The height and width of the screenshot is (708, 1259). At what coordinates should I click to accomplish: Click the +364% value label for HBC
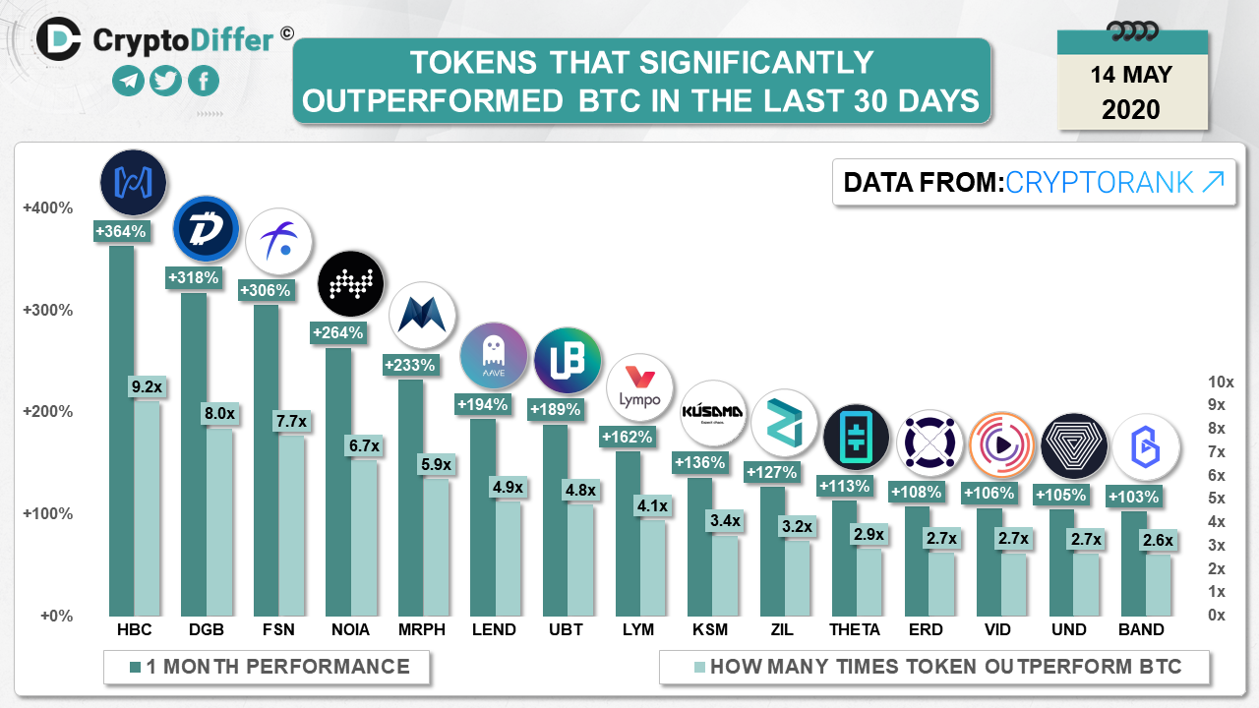click(121, 232)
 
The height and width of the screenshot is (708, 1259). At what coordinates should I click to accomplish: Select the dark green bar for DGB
click(194, 452)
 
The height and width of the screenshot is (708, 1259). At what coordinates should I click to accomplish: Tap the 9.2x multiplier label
click(147, 387)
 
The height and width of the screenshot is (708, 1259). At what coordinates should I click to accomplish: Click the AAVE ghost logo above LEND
click(494, 355)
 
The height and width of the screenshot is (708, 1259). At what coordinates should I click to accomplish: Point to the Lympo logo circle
click(639, 388)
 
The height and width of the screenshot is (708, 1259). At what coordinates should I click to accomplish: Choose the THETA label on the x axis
click(855, 630)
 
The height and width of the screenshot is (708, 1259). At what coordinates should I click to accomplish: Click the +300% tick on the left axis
click(48, 311)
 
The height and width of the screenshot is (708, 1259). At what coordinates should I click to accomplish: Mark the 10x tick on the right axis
click(1221, 382)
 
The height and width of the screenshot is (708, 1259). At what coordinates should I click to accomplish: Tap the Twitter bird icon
click(166, 81)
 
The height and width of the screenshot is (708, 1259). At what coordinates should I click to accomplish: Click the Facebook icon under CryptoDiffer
click(204, 81)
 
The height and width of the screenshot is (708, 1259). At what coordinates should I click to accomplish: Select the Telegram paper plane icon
click(129, 81)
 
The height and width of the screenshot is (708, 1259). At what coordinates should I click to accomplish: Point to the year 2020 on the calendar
click(1131, 108)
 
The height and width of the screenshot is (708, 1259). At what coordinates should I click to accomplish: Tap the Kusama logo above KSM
click(712, 412)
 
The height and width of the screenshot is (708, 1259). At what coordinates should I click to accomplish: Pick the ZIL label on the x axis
click(782, 630)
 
